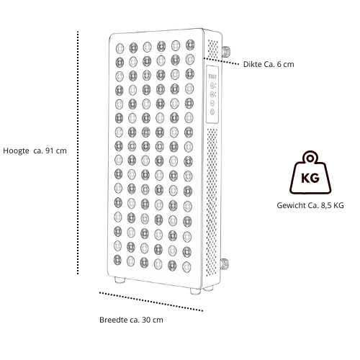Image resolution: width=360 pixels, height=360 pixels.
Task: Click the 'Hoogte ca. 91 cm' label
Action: click(35, 150)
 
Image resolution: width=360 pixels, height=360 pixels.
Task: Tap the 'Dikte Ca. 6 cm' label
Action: click(269, 64)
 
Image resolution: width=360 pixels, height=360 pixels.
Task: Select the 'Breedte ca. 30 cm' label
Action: click(131, 320)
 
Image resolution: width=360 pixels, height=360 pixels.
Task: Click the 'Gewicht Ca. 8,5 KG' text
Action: click(310, 205)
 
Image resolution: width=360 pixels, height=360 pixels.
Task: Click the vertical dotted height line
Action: click(78, 153)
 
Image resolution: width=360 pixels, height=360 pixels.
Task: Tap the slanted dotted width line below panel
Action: click(151, 302)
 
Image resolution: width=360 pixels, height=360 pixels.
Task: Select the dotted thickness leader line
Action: click(221, 61)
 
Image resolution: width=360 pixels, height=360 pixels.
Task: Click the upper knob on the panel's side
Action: click(226, 51)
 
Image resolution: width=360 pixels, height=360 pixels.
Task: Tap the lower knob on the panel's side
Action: click(225, 264)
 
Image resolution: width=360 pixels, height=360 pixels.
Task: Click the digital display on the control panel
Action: click(212, 76)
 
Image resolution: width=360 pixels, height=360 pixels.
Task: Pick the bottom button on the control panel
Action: click(212, 112)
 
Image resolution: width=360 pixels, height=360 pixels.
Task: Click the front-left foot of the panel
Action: click(120, 280)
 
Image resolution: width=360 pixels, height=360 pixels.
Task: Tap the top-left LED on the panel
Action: click(120, 48)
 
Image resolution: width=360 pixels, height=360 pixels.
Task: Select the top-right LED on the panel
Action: click(190, 45)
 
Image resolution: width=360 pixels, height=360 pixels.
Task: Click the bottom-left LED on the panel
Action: click(117, 260)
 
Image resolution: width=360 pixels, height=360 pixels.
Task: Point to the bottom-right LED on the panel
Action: click(186, 267)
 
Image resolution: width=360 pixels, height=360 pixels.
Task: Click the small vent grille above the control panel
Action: click(213, 49)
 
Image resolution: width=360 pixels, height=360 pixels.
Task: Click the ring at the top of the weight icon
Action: click(310, 158)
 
